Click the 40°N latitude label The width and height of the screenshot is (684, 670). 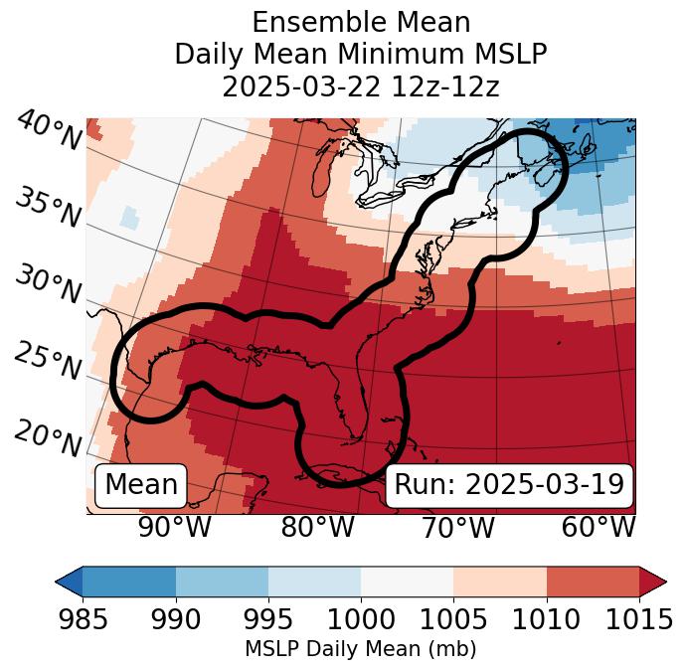click(48, 131)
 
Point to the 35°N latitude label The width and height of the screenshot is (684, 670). click(48, 208)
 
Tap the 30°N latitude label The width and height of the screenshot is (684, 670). click(48, 285)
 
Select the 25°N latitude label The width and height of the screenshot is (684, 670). click(48, 362)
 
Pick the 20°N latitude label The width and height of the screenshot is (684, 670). click(48, 438)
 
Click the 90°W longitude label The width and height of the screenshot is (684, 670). click(174, 527)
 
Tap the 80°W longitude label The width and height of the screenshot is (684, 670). click(317, 527)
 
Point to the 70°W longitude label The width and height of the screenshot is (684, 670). click(457, 527)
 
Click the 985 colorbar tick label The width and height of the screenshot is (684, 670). click(83, 619)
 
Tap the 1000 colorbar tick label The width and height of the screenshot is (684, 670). click(361, 619)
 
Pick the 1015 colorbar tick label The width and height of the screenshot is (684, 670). click(639, 619)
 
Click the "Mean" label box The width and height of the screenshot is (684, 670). click(141, 485)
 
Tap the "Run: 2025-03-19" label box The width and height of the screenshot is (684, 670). click(509, 485)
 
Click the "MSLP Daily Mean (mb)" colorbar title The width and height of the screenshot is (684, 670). click(360, 649)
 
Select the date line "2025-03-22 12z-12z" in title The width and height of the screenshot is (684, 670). click(360, 86)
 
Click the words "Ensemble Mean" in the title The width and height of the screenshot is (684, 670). click(360, 22)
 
